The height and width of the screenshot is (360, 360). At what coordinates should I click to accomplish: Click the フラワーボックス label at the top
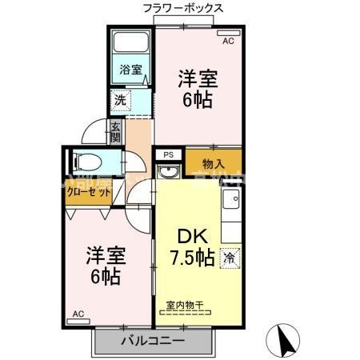[182, 9]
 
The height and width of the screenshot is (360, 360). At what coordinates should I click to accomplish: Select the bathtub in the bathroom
[130, 44]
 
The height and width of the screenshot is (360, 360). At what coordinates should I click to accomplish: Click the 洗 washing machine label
[118, 101]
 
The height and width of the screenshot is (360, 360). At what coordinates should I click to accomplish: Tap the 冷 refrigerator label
[230, 258]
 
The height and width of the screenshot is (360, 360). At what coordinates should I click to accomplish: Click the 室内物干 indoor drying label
[185, 305]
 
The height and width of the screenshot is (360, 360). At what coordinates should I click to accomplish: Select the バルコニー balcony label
[153, 341]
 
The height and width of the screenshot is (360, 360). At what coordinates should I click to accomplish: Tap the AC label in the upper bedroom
[227, 39]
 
